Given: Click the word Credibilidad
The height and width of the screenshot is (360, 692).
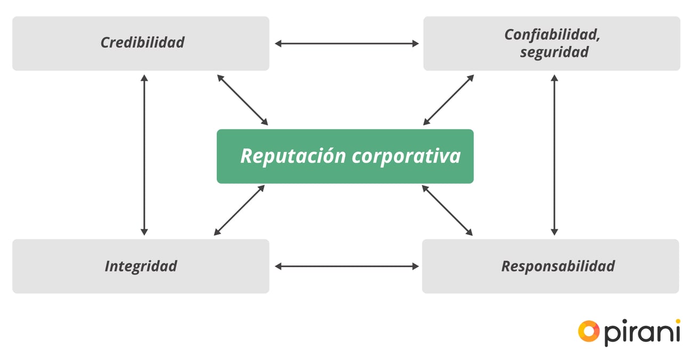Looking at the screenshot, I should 142,43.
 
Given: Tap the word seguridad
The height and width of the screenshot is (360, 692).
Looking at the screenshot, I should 554,52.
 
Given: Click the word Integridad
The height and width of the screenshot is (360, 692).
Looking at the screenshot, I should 141,266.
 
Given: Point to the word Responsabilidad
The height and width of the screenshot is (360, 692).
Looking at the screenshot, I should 558,266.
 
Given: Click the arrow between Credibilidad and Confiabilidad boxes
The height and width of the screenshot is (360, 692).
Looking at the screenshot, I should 347,44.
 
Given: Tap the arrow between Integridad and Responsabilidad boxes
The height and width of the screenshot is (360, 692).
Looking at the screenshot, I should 347,266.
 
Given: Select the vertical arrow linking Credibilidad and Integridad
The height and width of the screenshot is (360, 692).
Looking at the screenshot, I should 144,155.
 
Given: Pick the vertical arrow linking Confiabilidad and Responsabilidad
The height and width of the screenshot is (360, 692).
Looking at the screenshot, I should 554,155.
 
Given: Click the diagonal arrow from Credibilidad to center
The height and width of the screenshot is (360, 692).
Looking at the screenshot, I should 243,100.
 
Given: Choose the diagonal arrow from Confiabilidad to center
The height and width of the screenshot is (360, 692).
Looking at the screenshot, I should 448,100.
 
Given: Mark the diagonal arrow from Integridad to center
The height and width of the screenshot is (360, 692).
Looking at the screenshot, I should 239,210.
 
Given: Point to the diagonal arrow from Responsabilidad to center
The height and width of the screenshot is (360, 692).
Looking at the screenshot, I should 447,210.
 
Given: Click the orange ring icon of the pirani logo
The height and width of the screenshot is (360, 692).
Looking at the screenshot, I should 589,331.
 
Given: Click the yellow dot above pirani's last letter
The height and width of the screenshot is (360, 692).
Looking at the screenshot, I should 678,322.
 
